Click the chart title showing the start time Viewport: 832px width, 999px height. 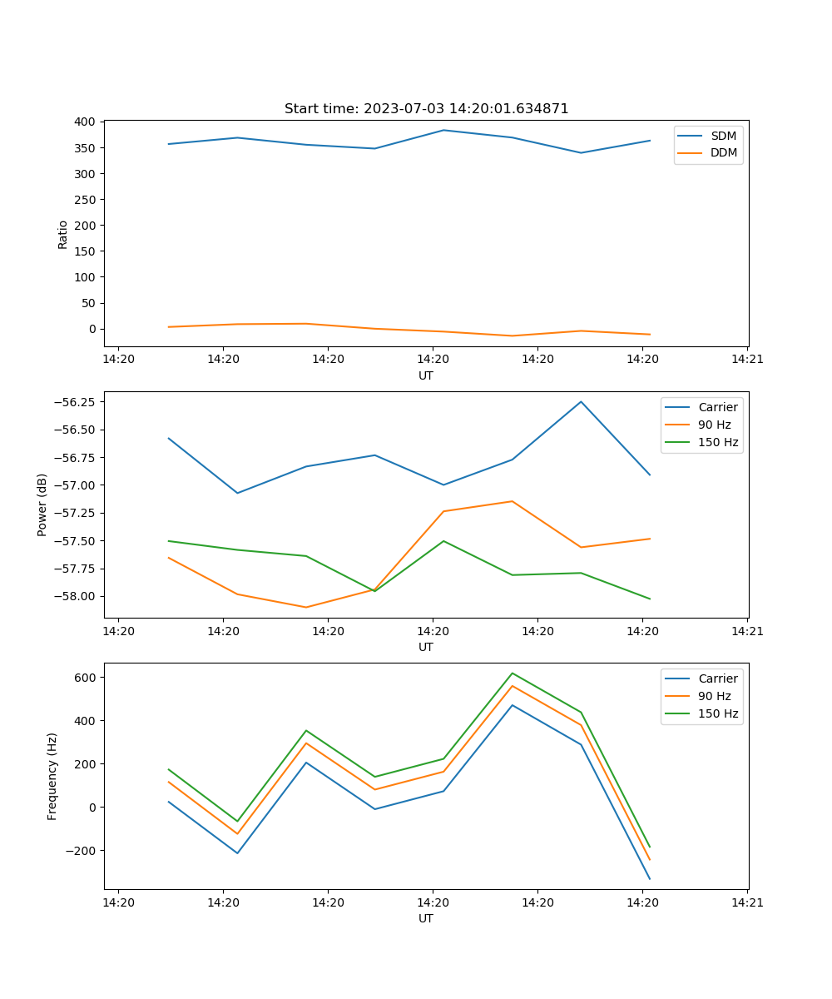[426, 109]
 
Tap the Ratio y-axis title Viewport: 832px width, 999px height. [63, 234]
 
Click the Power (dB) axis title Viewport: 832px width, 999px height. [42, 504]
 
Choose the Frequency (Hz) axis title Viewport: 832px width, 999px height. [52, 776]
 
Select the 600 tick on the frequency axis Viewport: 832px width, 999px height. [86, 678]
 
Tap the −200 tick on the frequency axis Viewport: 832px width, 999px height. [82, 851]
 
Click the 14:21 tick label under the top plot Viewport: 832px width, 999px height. [747, 360]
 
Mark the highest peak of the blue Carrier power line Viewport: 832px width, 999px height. [581, 402]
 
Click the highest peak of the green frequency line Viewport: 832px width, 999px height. [512, 673]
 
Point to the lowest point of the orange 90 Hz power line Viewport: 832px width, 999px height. [306, 607]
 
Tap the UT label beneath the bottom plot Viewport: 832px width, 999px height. [426, 918]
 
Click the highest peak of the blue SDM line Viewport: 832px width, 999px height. [443, 130]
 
